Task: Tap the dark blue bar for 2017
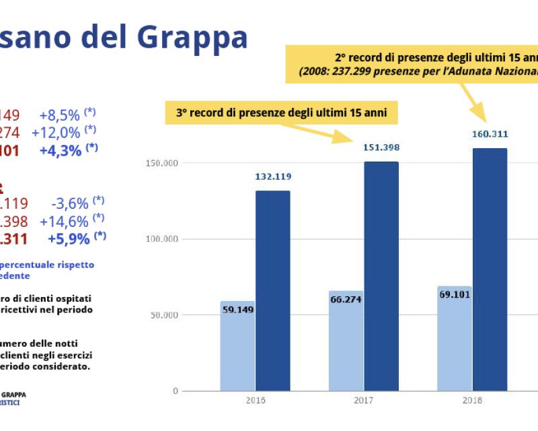click(381, 276)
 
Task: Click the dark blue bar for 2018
click(490, 269)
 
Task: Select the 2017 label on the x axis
click(364, 400)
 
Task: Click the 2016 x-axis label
click(256, 400)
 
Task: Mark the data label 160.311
click(490, 134)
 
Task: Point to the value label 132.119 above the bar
click(272, 176)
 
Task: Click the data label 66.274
click(346, 300)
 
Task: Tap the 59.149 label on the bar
click(237, 310)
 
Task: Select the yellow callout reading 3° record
click(282, 113)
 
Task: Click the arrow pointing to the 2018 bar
click(473, 102)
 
